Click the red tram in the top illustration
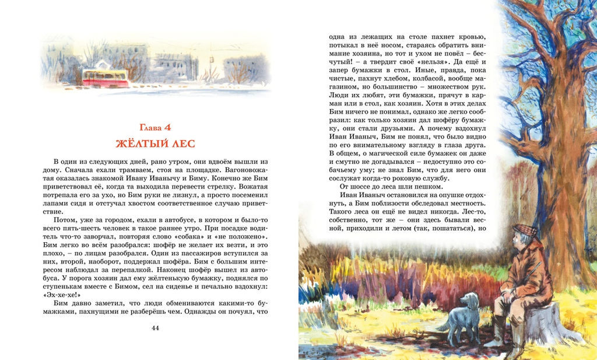(x=106, y=78)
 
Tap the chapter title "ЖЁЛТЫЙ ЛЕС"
(x=155, y=142)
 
